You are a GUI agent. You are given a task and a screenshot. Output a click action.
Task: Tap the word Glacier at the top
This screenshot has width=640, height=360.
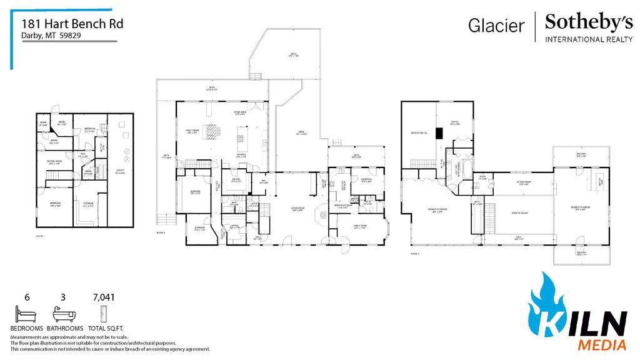[496, 25]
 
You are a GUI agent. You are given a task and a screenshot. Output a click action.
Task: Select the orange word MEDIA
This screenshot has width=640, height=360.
[601, 344]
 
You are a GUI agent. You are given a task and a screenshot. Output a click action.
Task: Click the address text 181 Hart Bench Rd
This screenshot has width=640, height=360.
[72, 24]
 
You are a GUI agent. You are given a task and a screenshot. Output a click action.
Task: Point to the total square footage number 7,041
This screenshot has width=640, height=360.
[104, 297]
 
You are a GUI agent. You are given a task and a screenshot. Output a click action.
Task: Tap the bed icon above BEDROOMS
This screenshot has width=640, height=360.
[27, 313]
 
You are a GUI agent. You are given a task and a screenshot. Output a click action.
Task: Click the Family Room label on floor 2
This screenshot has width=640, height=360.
[189, 132]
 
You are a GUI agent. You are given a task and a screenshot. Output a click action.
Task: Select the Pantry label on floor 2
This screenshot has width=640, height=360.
[236, 181]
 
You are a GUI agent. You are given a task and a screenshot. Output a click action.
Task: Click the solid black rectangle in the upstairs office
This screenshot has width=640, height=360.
[439, 132]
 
